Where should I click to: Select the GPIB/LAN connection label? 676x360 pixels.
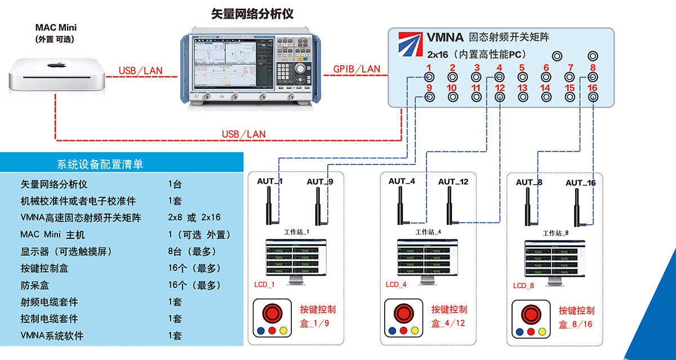coord(356,69)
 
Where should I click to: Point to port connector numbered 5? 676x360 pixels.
coord(522,77)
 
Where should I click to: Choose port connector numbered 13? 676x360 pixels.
coord(522,97)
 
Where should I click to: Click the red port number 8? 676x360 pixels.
coord(592,68)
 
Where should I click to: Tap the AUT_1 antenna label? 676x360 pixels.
coord(270,181)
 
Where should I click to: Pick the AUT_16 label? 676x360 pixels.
coord(580,183)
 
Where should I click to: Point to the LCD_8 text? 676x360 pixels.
coord(523,286)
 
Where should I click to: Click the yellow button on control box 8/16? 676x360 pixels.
coord(542,331)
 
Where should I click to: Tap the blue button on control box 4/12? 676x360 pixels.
coord(389,331)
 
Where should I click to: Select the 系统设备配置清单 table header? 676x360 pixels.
coord(100,165)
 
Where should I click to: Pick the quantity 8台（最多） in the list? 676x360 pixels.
coord(192,251)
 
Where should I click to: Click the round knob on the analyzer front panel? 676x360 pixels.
coord(301,68)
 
